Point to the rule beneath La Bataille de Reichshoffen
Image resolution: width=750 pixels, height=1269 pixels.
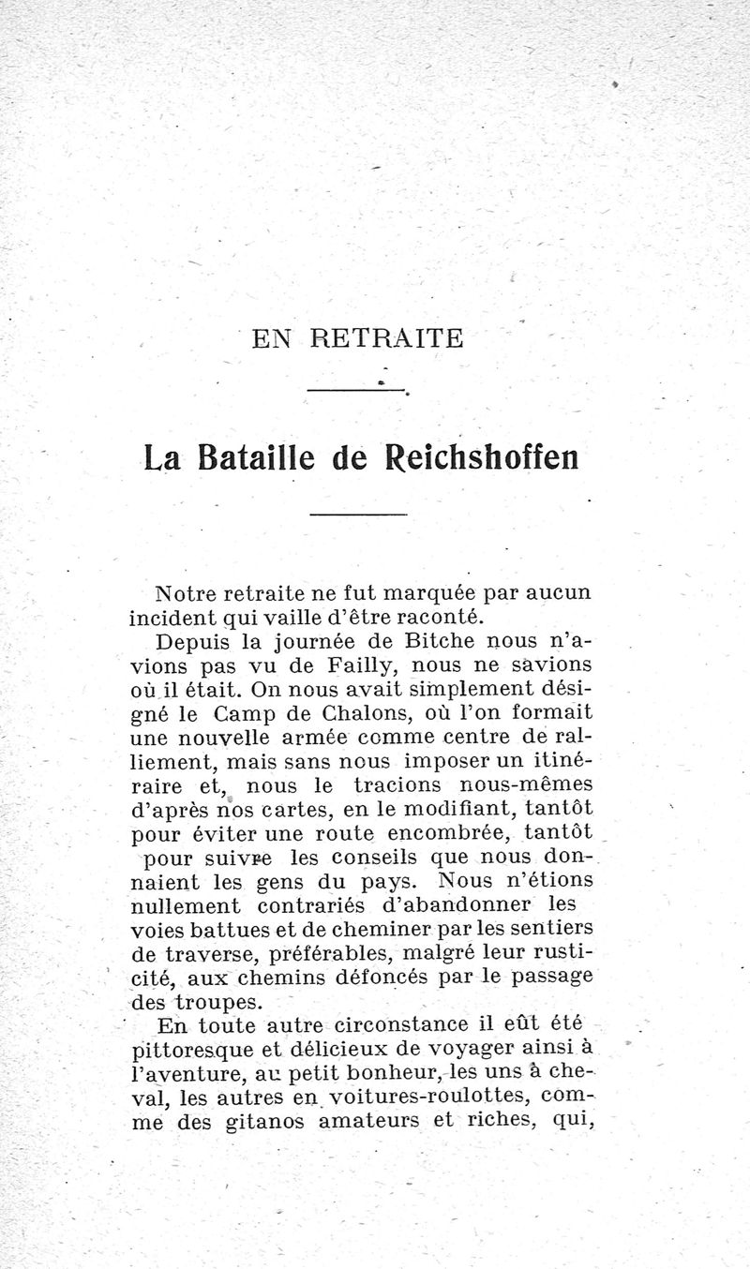click(x=358, y=515)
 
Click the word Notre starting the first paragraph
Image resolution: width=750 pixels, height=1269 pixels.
click(x=185, y=593)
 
